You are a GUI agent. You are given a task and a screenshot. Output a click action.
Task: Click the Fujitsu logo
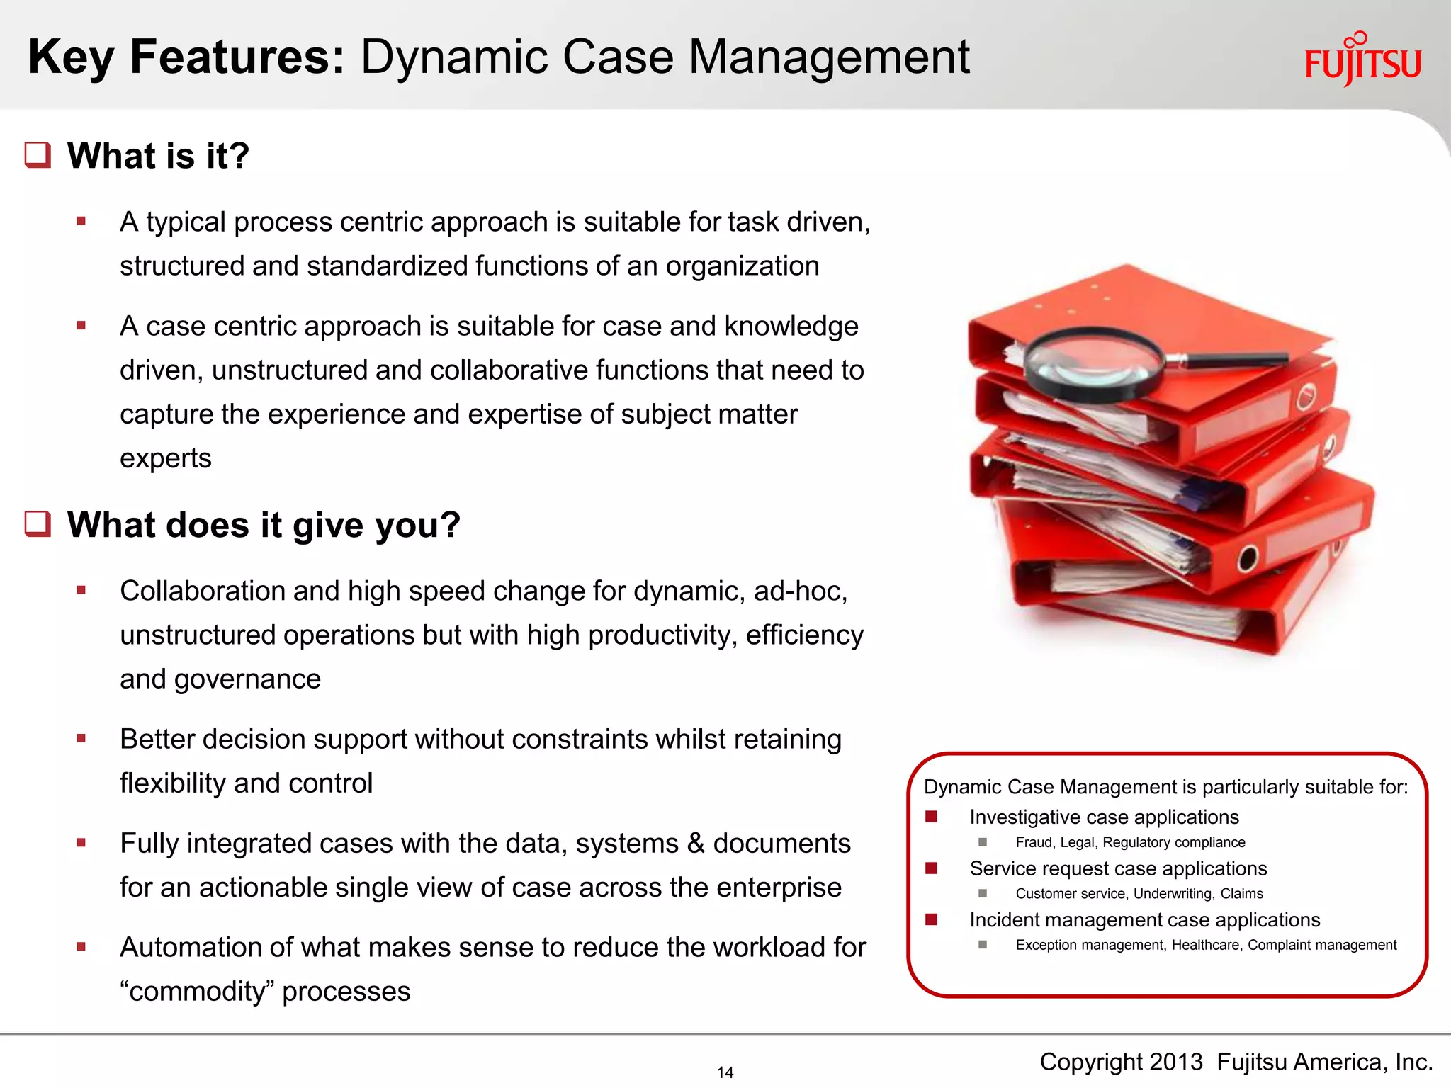tap(1362, 61)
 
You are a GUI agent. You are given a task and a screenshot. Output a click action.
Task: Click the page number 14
tap(725, 1072)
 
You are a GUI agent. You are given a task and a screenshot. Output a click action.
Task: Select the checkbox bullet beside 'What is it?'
tap(38, 155)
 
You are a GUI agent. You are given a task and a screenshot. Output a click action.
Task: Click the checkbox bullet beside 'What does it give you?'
tap(38, 524)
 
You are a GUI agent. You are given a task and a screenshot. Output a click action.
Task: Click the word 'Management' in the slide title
tap(829, 57)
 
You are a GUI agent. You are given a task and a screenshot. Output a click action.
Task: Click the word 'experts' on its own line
tap(166, 458)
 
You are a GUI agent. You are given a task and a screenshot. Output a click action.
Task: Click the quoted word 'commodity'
tap(195, 991)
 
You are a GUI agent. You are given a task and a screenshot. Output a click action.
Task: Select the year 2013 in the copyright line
tap(1175, 1062)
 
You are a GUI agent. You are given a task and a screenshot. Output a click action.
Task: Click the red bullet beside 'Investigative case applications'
tap(932, 817)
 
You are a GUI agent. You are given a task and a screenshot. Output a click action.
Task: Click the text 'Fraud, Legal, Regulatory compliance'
tap(1130, 842)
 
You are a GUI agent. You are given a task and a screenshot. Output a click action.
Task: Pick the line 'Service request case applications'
tap(1118, 868)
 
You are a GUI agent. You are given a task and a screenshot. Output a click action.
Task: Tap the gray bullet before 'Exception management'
tap(983, 944)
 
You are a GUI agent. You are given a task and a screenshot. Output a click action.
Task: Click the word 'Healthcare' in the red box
tap(1205, 945)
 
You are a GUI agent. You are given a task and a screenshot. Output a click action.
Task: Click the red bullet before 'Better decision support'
tap(81, 738)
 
